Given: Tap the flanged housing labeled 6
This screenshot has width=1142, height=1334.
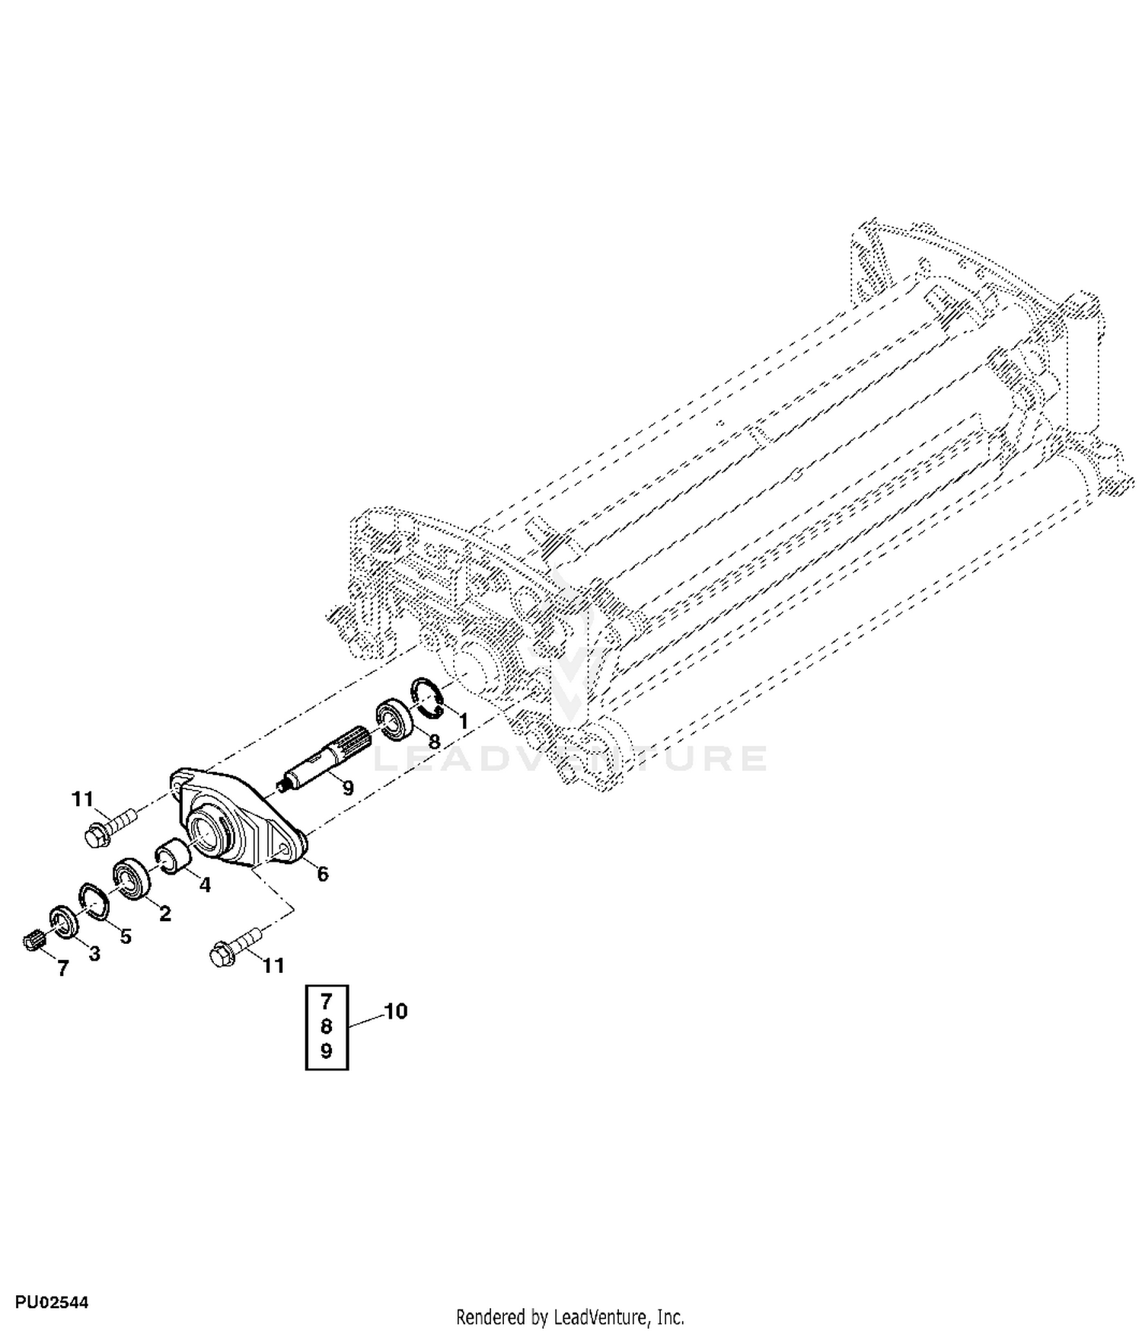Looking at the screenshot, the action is (x=239, y=819).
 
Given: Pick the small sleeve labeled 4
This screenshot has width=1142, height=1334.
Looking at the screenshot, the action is (x=172, y=857).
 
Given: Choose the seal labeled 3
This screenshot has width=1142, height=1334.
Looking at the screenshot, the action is (x=64, y=925).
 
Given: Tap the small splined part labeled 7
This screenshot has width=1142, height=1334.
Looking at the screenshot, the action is (x=30, y=942).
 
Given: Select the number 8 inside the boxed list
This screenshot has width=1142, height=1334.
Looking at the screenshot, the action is (x=327, y=1026).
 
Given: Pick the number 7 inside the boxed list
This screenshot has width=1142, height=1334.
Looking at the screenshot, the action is (x=327, y=1002).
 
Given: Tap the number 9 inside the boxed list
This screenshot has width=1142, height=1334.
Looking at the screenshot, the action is (x=327, y=1051).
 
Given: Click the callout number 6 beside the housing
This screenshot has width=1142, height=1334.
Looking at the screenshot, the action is (x=323, y=875).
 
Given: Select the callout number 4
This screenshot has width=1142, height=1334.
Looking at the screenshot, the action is (x=205, y=885).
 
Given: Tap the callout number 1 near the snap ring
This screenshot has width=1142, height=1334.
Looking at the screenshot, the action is (x=463, y=721).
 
